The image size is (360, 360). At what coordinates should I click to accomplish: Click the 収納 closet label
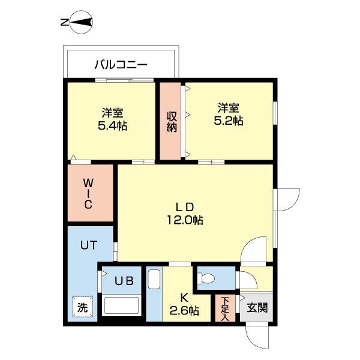pyautogui.click(x=172, y=121)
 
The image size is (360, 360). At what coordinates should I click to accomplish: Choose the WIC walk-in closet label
pyautogui.click(x=88, y=193)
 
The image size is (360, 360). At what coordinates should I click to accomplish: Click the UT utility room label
pyautogui.click(x=89, y=244)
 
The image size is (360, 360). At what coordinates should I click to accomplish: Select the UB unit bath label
pyautogui.click(x=124, y=280)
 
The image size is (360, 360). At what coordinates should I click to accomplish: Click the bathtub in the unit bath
pyautogui.click(x=122, y=305)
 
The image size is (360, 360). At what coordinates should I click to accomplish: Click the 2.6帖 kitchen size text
pyautogui.click(x=185, y=310)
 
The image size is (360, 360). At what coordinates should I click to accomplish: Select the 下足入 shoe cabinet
pyautogui.click(x=225, y=308)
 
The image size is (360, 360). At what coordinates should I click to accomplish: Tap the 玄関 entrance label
pyautogui.click(x=257, y=308)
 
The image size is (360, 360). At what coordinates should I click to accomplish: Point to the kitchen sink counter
pyautogui.click(x=154, y=294)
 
